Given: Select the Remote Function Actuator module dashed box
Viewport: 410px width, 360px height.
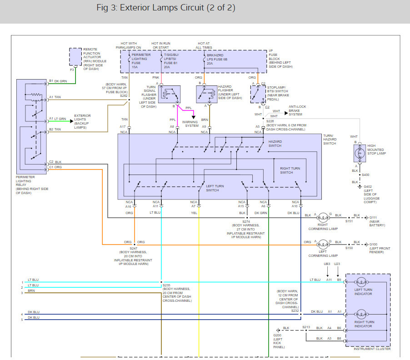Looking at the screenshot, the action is pos(75,49).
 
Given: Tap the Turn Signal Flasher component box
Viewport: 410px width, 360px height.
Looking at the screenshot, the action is pos(169,95).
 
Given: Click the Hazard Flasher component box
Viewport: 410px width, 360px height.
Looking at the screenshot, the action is pos(206,95).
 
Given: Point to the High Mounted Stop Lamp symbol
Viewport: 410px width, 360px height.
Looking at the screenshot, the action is pos(360,153).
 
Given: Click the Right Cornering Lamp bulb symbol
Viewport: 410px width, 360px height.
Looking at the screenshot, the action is pos(323,217).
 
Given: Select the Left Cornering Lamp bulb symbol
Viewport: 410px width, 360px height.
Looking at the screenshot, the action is pos(323,245).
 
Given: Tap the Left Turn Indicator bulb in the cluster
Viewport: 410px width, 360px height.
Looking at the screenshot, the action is pos(361,282).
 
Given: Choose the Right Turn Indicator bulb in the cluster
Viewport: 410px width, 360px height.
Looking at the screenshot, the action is pos(361,314).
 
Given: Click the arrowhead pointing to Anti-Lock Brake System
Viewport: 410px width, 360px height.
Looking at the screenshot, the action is pos(286,113).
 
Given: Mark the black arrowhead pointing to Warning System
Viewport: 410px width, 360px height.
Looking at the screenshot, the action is pos(194,117).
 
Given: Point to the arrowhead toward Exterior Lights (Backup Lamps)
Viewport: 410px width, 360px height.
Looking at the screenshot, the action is pos(72,121).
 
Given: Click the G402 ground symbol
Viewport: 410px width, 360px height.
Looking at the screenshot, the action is pos(360,187).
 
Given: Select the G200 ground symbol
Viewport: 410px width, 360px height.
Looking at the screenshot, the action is pos(278,330).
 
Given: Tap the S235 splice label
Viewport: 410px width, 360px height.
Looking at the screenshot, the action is pos(166,285).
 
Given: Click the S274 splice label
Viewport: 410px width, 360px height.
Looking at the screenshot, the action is pos(246,221).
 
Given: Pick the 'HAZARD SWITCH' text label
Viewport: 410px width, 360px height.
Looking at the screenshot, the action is pos(275,144).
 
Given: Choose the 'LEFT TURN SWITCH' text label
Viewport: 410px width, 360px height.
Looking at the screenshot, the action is pos(215,188).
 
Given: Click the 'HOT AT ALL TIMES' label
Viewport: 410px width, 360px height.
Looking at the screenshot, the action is pos(204,45).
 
